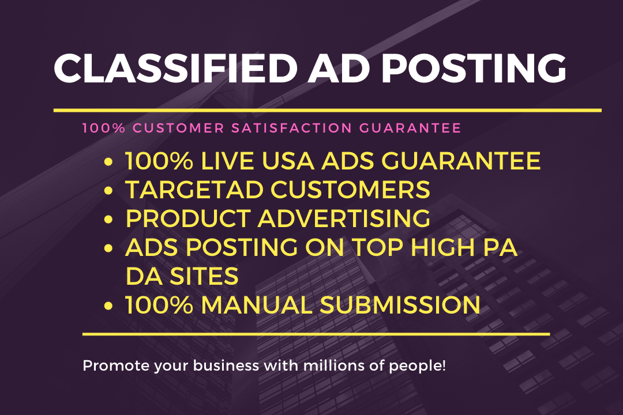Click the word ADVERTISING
tap(343, 218)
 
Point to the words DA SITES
tap(182, 276)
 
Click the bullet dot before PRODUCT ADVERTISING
tap(108, 220)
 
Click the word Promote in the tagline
tap(108, 365)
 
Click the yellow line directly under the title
tap(327, 110)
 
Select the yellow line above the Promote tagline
tap(316, 333)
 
